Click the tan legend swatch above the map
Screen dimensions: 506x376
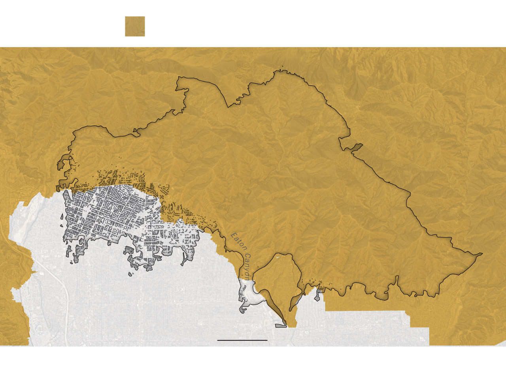click(x=135, y=26)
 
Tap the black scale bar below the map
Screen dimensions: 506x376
click(x=242, y=340)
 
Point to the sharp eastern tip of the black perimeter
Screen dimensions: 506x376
click(x=481, y=254)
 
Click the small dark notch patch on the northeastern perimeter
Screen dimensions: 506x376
click(x=357, y=147)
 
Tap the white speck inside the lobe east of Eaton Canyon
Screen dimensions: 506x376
click(x=278, y=258)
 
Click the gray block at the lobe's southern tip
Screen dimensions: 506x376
click(x=281, y=325)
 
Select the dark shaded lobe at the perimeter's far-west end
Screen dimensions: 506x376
click(x=62, y=164)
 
